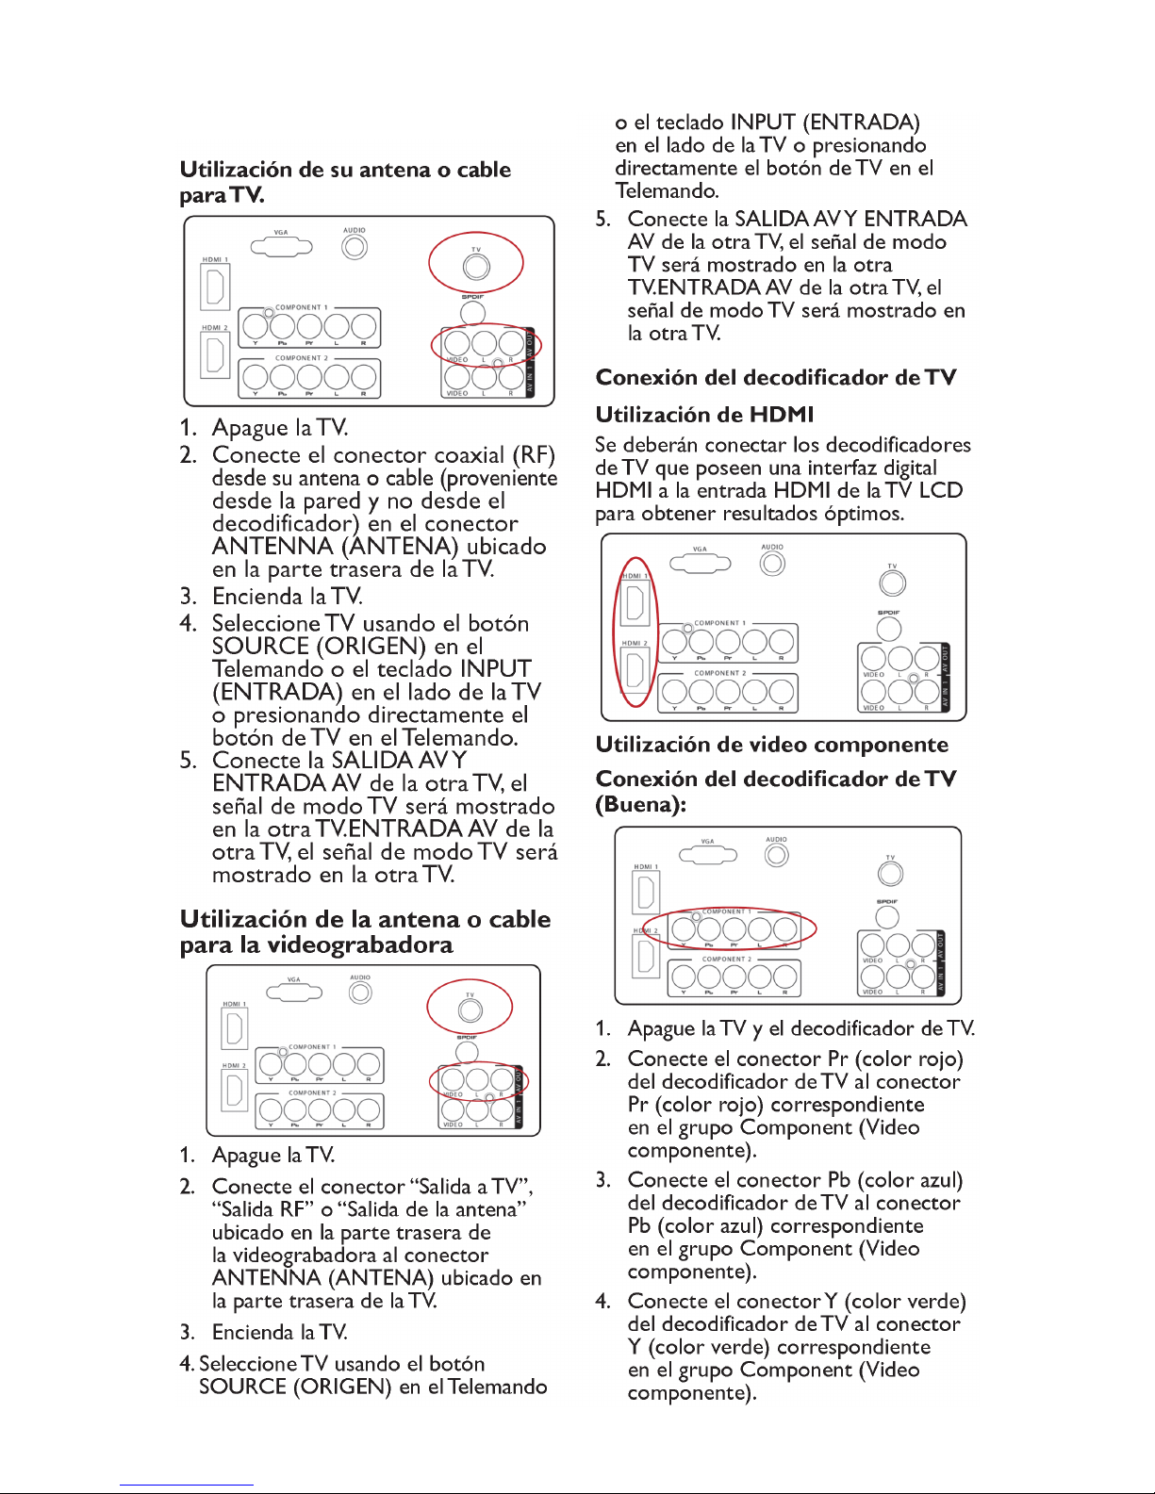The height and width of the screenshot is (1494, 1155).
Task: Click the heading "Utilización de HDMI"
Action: click(704, 415)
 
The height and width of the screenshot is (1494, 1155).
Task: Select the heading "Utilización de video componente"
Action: click(772, 745)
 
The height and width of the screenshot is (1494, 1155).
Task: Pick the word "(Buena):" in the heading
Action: click(641, 804)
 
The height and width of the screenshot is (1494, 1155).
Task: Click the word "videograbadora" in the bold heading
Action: click(359, 944)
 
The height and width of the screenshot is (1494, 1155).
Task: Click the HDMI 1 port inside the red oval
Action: click(635, 602)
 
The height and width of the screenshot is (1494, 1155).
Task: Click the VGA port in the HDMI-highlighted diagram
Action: click(700, 564)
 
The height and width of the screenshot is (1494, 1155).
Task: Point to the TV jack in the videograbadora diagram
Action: click(470, 1010)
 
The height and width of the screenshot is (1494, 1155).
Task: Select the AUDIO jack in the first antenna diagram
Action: click(355, 247)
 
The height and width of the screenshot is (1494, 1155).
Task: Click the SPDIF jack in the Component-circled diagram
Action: click(887, 917)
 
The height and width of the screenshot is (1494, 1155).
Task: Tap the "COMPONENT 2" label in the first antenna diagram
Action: click(302, 358)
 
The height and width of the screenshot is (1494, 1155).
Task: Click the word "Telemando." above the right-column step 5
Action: click(667, 190)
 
